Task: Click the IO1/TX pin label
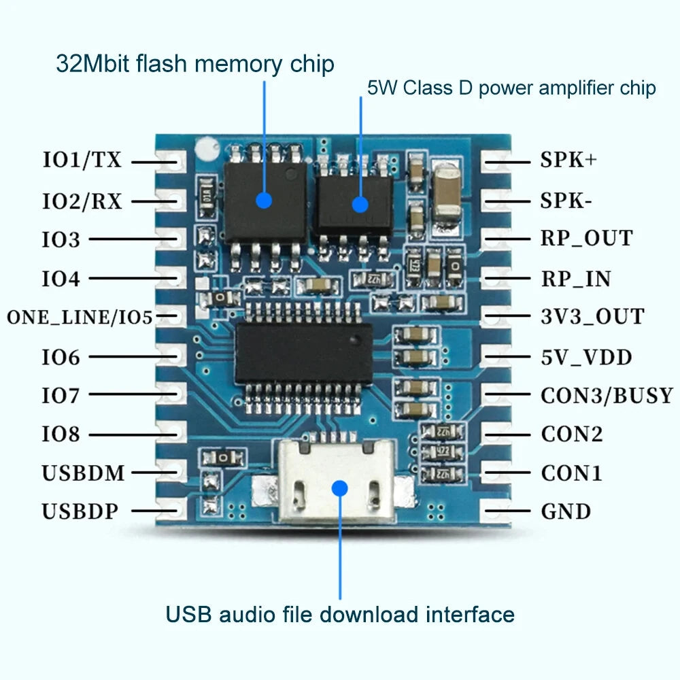click(x=82, y=160)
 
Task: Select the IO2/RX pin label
click(x=82, y=201)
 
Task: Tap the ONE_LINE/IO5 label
click(x=80, y=317)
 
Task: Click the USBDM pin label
click(x=84, y=473)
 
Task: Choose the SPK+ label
click(x=568, y=160)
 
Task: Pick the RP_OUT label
click(x=586, y=239)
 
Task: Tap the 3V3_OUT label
click(x=592, y=317)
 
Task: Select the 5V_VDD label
click(x=586, y=356)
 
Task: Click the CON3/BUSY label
click(x=607, y=395)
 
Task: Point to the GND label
click(x=566, y=511)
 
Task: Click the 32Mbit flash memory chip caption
click(x=194, y=65)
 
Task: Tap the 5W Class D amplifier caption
click(x=511, y=88)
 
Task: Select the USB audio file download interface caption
click(x=340, y=615)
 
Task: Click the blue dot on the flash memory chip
click(x=264, y=200)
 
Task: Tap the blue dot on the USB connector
click(x=340, y=487)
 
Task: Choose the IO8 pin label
click(x=61, y=434)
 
